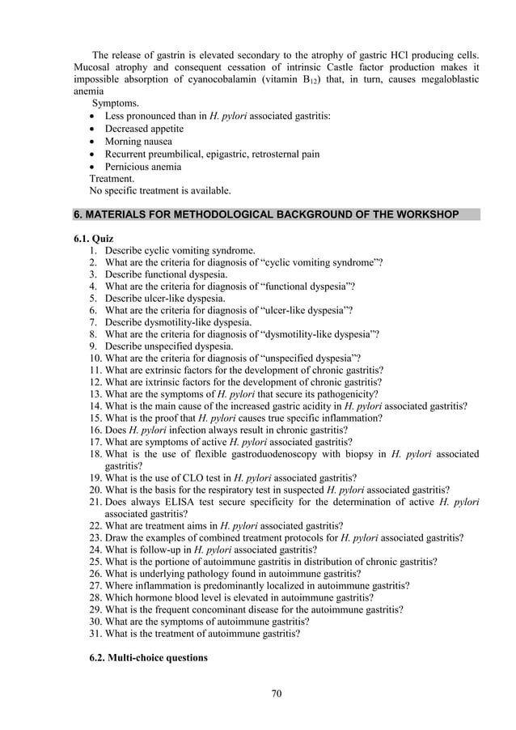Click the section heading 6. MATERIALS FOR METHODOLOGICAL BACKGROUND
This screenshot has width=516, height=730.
click(266, 214)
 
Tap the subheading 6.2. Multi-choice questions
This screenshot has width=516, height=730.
click(148, 658)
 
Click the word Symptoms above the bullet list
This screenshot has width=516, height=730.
click(115, 104)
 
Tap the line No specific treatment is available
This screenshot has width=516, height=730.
click(159, 191)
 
